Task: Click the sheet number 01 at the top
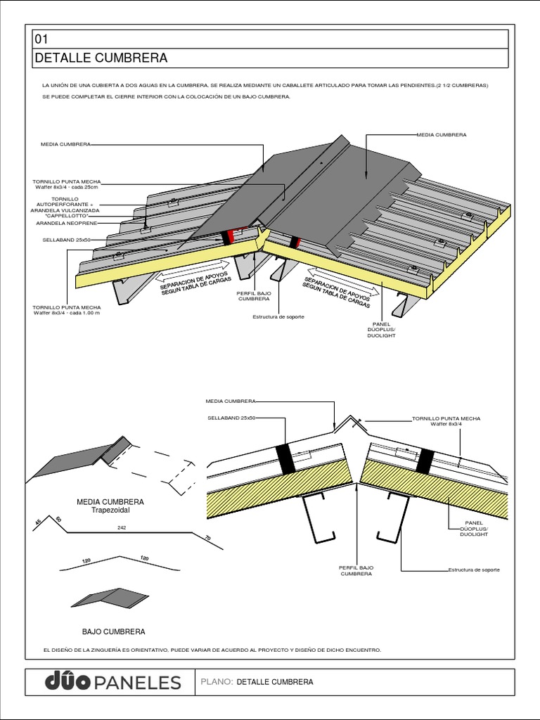point(40,39)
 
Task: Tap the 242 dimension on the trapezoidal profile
point(122,527)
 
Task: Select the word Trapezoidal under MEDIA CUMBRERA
point(110,510)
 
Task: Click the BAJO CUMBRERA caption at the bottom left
point(113,631)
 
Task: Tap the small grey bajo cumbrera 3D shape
point(109,598)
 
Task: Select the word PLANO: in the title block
point(217,682)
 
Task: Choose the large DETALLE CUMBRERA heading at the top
point(101,58)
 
